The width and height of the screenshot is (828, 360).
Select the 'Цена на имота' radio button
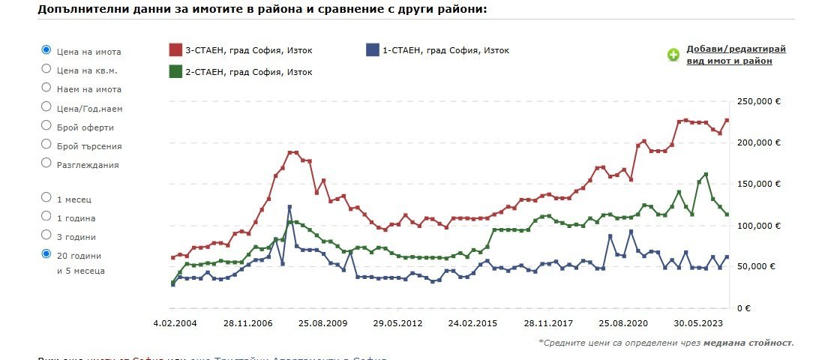[46, 50]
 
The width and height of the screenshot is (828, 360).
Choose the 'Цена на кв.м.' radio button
[46, 69]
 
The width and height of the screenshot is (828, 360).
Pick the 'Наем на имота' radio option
[46, 88]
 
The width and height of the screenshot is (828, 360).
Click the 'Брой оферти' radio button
[46, 125]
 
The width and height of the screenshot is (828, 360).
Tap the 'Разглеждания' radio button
[46, 163]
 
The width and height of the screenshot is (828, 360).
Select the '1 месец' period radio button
[46, 198]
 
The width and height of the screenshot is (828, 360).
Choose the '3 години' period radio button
[46, 235]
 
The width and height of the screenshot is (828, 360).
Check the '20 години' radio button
[46, 254]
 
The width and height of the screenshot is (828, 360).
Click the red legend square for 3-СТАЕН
[175, 50]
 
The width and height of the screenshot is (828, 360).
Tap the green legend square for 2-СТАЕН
[175, 71]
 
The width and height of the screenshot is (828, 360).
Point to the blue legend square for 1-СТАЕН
[372, 50]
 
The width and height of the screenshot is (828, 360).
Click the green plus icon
[673, 55]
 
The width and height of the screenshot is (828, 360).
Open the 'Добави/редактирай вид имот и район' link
[736, 55]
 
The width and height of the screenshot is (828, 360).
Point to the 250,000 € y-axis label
[760, 101]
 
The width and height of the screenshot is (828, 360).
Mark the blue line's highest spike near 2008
[289, 207]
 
